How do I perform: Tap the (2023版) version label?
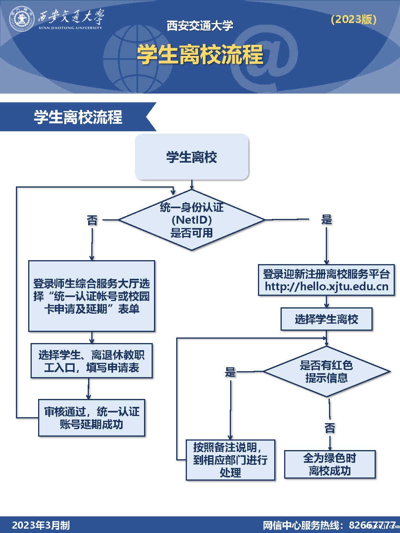354,19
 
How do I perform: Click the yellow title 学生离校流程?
200,54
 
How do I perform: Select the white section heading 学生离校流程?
78,117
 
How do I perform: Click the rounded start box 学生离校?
192,157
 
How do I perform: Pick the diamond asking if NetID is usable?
192,220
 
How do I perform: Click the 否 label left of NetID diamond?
92,220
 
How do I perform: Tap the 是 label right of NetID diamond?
326,219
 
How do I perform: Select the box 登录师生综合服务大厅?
92,296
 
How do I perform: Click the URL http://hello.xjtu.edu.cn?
326,286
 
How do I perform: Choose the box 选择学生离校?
326,319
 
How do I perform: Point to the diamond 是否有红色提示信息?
326,372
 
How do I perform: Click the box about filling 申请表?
92,361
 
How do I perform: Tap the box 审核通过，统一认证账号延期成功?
92,418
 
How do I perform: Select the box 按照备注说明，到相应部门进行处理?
230,460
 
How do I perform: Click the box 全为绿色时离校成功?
330,464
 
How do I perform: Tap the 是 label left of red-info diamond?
230,372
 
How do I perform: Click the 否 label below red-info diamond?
330,428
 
